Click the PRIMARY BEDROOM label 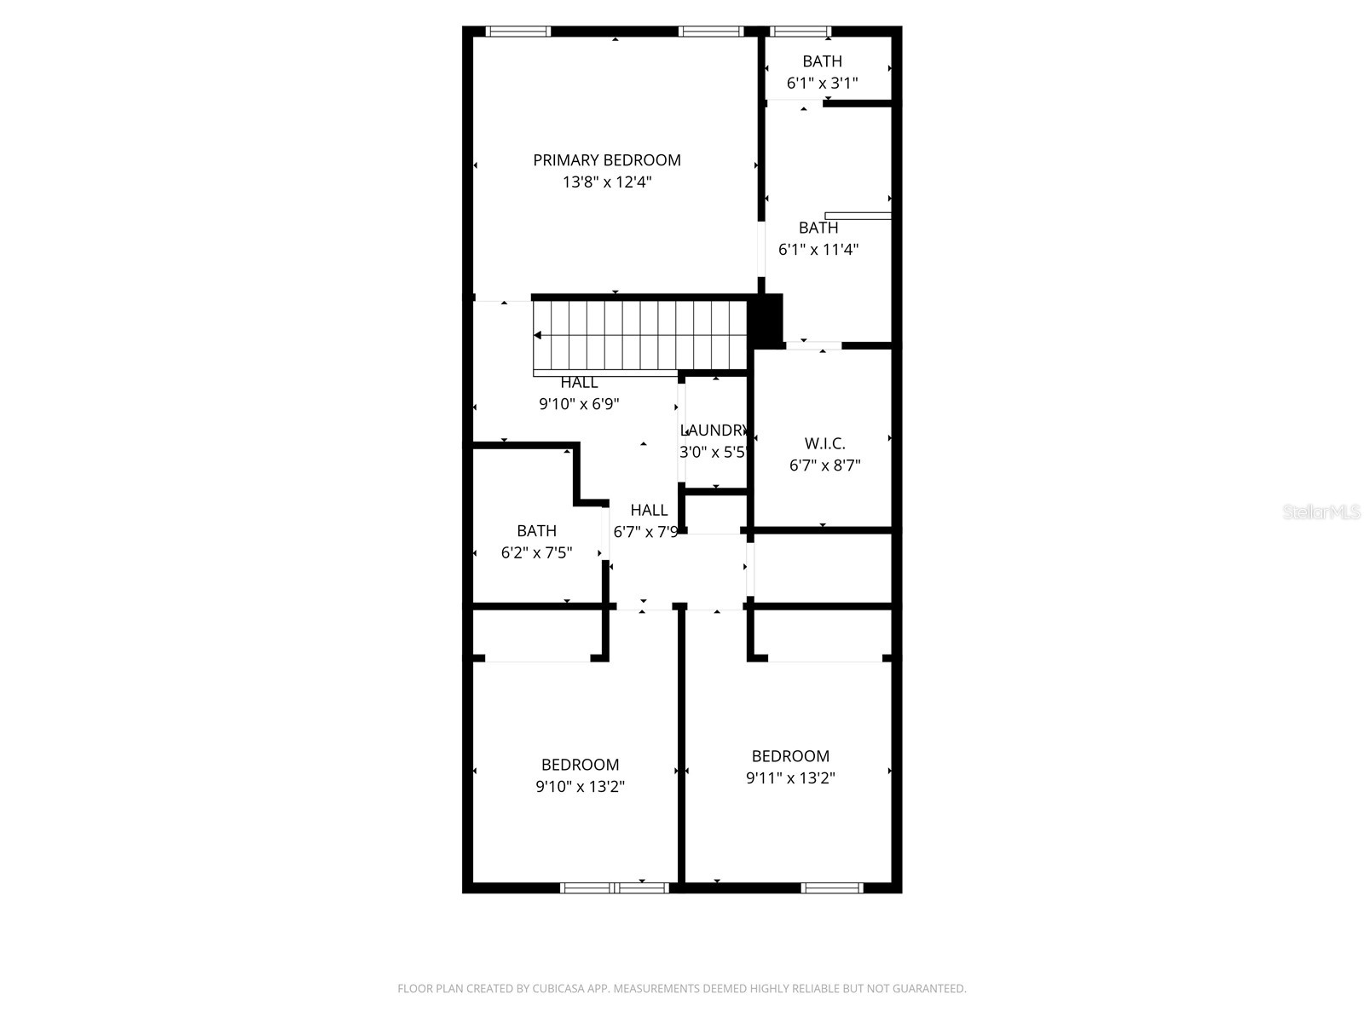tap(607, 160)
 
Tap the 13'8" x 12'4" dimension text tap(607, 182)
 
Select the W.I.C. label tap(824, 444)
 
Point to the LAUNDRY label tap(714, 431)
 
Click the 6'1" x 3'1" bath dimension tap(822, 84)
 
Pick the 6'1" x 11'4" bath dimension tap(818, 250)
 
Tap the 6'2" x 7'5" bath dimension tap(536, 552)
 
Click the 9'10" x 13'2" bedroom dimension tap(580, 787)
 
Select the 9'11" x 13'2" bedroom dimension tap(790, 778)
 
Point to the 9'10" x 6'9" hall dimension tap(579, 404)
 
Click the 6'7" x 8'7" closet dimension tap(824, 465)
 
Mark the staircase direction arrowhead tap(538, 335)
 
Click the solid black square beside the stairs tap(766, 320)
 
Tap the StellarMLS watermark tap(1321, 512)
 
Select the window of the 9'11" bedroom tap(832, 887)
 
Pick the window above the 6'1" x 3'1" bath tap(800, 32)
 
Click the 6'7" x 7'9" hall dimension tap(646, 533)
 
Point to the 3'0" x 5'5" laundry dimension tap(714, 453)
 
